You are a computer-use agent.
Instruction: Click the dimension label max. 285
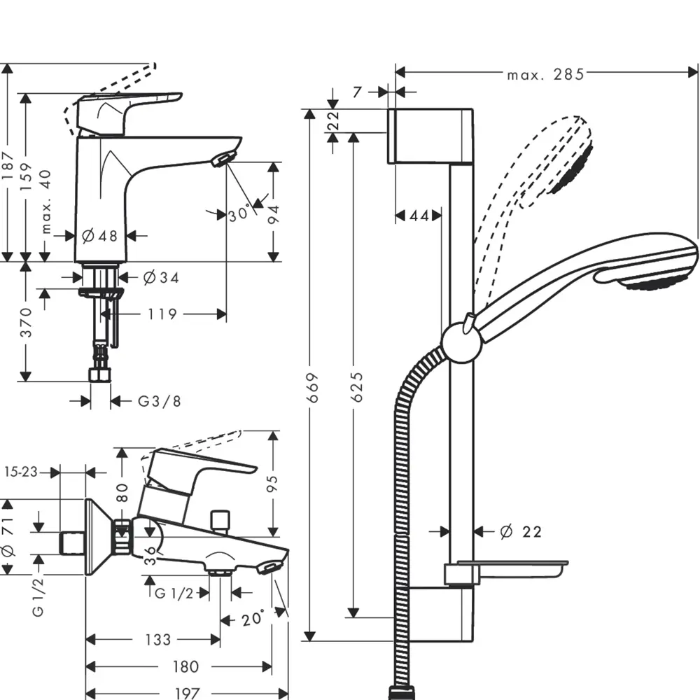pyautogui.click(x=545, y=74)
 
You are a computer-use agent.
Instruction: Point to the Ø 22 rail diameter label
pyautogui.click(x=521, y=532)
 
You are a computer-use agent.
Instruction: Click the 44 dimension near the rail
pyautogui.click(x=419, y=216)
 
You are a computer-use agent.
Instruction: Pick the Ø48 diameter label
pyautogui.click(x=99, y=236)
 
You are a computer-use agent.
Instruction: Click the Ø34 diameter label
pyautogui.click(x=160, y=278)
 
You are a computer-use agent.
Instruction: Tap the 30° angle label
pyautogui.click(x=239, y=214)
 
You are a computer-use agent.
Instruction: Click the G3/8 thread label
pyautogui.click(x=159, y=401)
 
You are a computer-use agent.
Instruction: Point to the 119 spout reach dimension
pyautogui.click(x=162, y=314)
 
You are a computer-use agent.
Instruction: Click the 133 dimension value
pyautogui.click(x=158, y=639)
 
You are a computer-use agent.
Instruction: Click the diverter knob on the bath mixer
pyautogui.click(x=222, y=520)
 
